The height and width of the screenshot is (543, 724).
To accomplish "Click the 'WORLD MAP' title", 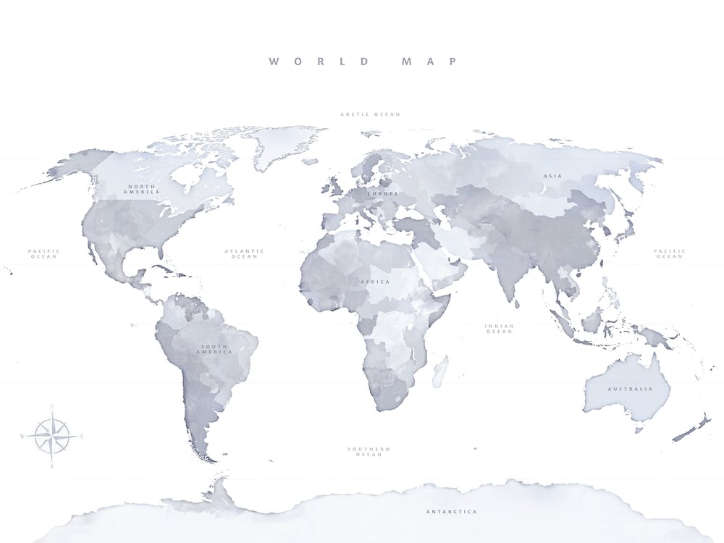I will coord(363,62).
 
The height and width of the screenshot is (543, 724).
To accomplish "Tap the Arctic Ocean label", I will coord(370,114).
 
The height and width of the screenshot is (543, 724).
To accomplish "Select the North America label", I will coord(142,189).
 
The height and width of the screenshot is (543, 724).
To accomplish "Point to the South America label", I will coord(216,349).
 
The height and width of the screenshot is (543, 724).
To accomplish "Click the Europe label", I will coord(382,194).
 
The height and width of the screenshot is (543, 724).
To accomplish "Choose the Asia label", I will coord(552,176).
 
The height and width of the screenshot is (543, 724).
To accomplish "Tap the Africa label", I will coord(375,282).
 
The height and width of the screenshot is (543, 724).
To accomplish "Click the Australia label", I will coord(629,389).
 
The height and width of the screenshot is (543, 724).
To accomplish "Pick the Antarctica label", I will coord(451,512).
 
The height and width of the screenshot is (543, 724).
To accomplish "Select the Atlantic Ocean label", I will coord(244,254).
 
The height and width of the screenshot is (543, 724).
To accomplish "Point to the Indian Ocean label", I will coord(499,329).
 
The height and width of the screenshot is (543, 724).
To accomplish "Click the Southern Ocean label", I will coord(369,452).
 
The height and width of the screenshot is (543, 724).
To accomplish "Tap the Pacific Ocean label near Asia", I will coord(669,254).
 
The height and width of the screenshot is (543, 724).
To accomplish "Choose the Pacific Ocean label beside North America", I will coord(44,254).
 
